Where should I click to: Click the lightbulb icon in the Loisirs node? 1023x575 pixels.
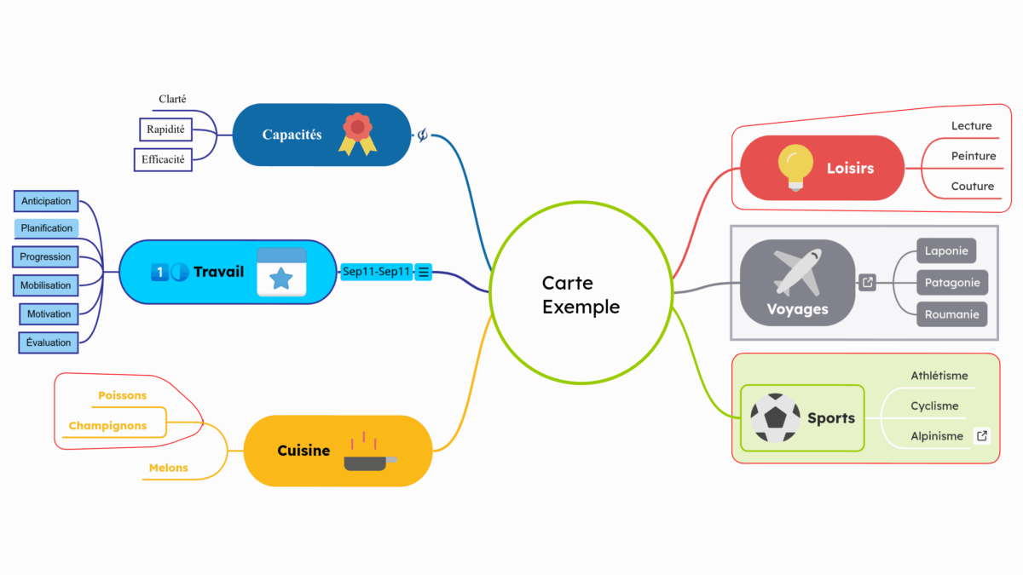tap(795, 167)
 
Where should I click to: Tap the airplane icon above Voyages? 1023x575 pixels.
tap(797, 272)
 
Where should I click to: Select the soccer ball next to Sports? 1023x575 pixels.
tap(775, 417)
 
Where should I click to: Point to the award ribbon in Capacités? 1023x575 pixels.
tap(358, 135)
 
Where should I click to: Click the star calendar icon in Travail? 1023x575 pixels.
tap(281, 273)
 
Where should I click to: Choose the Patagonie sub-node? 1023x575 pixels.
tap(952, 283)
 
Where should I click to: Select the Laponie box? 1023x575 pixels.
tap(945, 251)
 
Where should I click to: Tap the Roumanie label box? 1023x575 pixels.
tap(951, 314)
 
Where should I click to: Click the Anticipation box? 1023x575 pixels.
tap(46, 201)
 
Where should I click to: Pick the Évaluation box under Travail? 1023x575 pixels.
tap(49, 342)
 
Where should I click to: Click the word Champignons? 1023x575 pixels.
tap(107, 426)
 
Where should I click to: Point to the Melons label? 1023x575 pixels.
tap(168, 468)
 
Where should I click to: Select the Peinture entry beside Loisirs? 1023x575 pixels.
tap(974, 156)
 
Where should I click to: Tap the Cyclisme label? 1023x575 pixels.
tap(934, 406)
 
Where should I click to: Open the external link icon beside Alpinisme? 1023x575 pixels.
tap(982, 436)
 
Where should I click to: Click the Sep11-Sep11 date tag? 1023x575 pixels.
tap(377, 272)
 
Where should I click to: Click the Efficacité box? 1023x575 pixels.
tap(163, 159)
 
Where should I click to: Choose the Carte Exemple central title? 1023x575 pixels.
tap(581, 295)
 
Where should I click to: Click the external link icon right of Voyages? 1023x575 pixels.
tap(867, 283)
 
